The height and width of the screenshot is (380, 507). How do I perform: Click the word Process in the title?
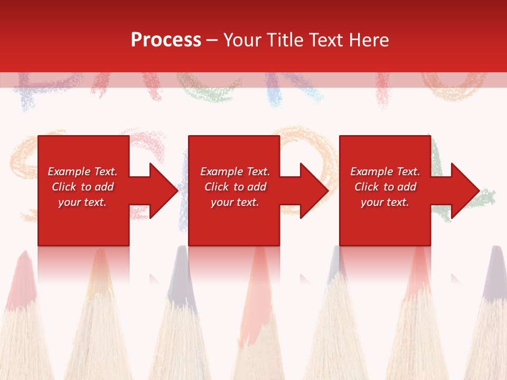click(x=166, y=40)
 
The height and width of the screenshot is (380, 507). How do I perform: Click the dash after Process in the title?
click(x=212, y=41)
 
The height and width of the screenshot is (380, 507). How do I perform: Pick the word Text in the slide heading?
click(x=329, y=40)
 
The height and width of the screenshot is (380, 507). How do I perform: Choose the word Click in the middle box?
click(x=216, y=187)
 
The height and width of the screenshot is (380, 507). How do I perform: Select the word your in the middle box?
click(x=221, y=202)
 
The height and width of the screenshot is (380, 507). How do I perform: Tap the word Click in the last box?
click(x=366, y=187)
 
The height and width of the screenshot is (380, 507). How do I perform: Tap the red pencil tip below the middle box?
click(x=259, y=264)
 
